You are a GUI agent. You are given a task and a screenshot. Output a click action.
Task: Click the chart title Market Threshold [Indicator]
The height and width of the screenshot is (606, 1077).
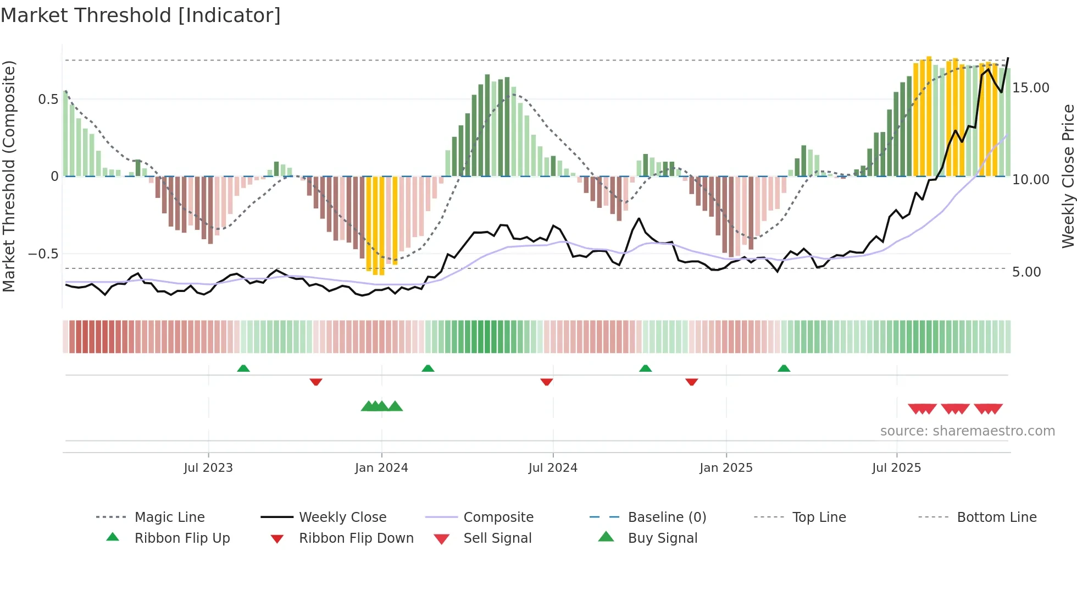[x=141, y=15]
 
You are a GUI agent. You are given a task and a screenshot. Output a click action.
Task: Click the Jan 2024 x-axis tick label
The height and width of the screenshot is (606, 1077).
[x=381, y=468]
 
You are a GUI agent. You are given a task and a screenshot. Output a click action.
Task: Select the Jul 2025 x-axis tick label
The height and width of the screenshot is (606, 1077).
[x=896, y=468]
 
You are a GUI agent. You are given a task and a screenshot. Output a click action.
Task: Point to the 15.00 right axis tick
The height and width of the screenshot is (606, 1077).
[x=1030, y=88]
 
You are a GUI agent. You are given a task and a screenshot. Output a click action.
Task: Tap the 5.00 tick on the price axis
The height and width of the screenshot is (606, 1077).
[x=1026, y=272]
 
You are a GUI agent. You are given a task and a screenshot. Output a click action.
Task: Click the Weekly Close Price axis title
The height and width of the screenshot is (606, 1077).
[x=1068, y=176]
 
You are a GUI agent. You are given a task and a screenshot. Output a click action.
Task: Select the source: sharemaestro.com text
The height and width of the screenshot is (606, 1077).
[x=967, y=431]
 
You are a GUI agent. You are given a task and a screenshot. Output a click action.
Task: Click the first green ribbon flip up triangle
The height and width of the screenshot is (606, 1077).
[x=243, y=368]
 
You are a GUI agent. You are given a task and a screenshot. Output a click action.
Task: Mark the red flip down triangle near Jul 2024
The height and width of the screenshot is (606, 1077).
[x=546, y=382]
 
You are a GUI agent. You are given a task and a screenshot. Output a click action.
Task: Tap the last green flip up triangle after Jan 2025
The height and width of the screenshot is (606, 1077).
[x=784, y=368]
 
